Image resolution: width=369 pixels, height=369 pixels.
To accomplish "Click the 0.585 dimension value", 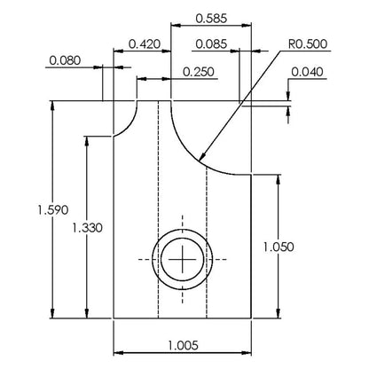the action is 211,19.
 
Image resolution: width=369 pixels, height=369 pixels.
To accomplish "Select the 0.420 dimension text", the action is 145,44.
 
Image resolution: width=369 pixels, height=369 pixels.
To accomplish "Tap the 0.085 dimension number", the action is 211,44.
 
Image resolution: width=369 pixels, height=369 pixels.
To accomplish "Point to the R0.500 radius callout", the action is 308,43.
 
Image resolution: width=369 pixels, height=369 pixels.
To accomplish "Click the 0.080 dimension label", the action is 65,60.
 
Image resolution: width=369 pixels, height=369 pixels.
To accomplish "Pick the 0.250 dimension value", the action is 199,72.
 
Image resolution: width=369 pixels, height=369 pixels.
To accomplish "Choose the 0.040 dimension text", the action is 308,72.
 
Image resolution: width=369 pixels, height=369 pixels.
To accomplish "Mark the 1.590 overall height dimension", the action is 53,209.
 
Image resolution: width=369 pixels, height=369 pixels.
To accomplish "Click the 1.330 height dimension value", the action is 88,228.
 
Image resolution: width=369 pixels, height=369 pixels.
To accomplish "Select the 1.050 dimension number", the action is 279,247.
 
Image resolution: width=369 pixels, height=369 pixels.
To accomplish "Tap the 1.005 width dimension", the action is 183,345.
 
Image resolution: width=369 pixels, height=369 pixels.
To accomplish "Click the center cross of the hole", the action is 183,259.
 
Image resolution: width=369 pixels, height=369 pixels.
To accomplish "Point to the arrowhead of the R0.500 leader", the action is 202,157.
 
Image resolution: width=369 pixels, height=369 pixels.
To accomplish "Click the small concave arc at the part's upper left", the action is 130,125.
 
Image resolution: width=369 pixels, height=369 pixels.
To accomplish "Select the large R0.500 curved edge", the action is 192,153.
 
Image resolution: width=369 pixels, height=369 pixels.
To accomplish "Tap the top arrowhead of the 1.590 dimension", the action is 52,106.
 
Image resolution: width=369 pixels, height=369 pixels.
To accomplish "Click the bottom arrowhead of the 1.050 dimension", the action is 278,313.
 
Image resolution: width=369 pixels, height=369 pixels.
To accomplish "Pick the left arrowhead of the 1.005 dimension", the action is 119,353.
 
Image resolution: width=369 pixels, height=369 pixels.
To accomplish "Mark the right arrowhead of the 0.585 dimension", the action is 246,26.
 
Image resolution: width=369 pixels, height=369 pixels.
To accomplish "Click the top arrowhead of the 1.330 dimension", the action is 87,141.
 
